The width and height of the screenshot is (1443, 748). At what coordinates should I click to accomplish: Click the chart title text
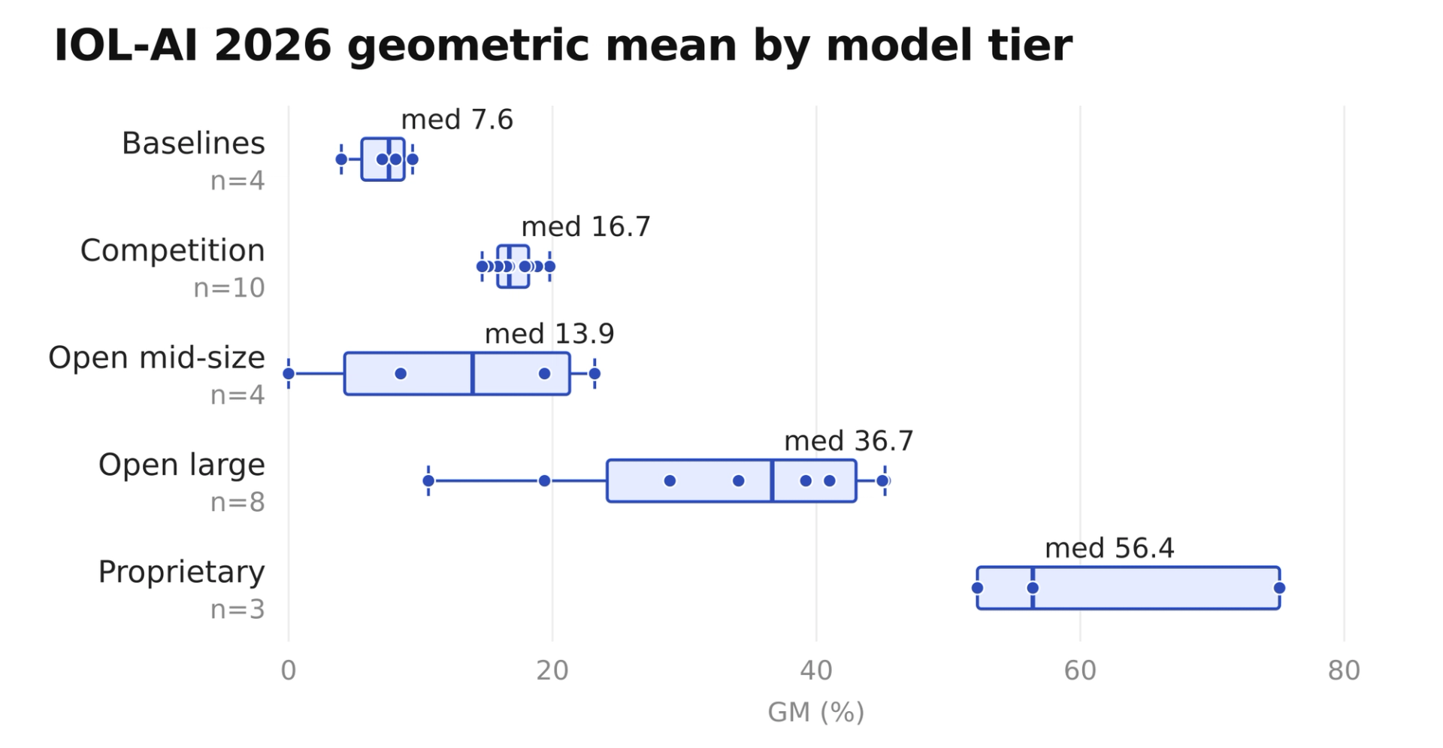coord(563,45)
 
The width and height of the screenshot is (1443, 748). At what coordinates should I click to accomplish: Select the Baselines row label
coord(193,143)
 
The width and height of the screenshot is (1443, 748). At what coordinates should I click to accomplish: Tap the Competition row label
coord(172,250)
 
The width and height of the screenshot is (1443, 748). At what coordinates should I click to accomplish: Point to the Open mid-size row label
coord(156,358)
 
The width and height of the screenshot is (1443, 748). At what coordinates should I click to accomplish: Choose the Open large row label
coord(181,465)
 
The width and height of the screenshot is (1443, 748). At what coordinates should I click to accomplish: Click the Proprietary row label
coord(181,572)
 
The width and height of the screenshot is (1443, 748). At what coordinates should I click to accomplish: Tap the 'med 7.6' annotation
coord(457,120)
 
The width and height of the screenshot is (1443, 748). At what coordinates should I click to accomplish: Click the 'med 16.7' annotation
coord(585,226)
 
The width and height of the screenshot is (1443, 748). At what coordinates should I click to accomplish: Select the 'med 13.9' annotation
coord(549,334)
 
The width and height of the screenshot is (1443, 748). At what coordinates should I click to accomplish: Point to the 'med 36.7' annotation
coord(849,441)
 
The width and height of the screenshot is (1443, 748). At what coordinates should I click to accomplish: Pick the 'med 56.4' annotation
coord(1109,548)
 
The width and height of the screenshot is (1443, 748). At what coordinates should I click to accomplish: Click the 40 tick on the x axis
coord(816,671)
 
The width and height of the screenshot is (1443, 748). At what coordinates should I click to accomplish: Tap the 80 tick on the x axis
coord(1344,671)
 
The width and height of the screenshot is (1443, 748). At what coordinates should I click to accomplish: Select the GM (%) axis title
coord(816,711)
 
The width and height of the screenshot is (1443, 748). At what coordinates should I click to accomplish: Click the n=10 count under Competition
coord(229,288)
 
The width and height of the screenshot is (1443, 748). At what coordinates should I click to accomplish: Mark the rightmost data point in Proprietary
coord(1279,588)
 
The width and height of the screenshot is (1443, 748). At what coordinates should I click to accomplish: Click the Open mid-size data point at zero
coord(289,374)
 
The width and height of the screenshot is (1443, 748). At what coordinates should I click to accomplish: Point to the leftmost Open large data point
coord(428,480)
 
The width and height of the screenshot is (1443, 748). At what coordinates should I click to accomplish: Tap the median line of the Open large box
coord(772,480)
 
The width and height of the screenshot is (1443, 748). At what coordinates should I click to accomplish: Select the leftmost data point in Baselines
coord(341,159)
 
